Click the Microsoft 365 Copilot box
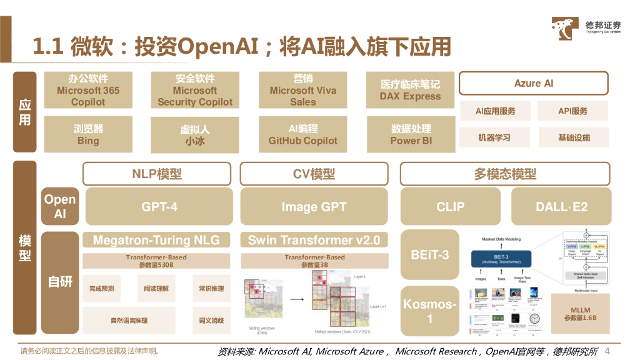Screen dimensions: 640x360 (88, 91)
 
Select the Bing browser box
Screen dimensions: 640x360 (88, 135)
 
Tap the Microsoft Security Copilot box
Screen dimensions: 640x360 (195, 91)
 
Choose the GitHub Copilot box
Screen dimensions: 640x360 (302, 135)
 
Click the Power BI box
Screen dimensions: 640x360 (411, 135)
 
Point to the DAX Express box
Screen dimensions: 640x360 (410, 91)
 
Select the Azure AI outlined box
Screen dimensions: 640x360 (534, 83)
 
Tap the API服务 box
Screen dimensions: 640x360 (573, 111)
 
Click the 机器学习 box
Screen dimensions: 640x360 (494, 137)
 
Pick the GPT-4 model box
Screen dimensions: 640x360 (159, 207)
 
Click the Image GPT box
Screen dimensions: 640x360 (314, 207)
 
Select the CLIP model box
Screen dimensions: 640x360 (451, 207)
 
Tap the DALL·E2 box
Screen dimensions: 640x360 (561, 207)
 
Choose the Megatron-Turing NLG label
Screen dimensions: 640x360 (156, 240)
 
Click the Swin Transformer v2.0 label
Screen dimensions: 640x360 (314, 240)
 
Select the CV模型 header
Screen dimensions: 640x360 (314, 174)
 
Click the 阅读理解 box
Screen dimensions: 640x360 (156, 289)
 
